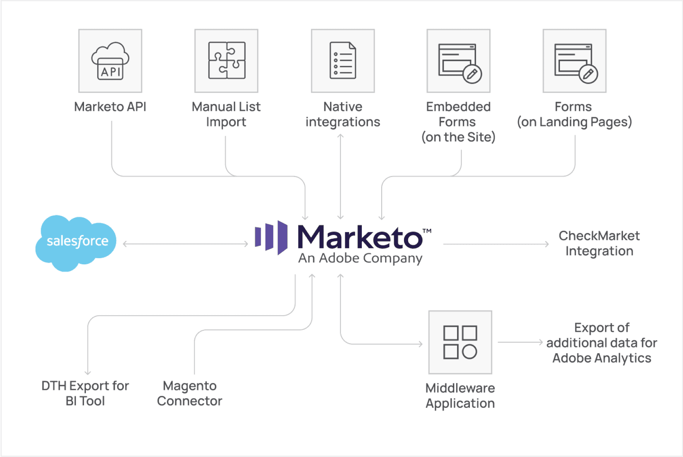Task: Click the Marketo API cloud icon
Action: coord(110,61)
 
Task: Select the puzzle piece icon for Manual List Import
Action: coord(227,60)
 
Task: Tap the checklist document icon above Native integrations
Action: coord(343,60)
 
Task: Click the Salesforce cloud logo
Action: coord(76,243)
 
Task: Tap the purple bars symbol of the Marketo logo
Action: coord(271,237)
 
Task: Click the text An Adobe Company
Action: coord(360,258)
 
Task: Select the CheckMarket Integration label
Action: coord(599,243)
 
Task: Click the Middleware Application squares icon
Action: coord(460,342)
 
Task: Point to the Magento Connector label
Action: coord(190,393)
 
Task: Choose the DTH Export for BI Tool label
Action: coord(85,393)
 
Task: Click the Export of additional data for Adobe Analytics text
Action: coord(602,343)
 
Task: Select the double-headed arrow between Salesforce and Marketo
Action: coord(185,244)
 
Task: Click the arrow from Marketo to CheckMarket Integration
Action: coord(496,244)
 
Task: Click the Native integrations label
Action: coord(343,114)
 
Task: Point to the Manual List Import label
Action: coord(226,114)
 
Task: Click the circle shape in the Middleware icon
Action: coord(469,352)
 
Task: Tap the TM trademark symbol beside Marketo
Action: coord(427,231)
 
